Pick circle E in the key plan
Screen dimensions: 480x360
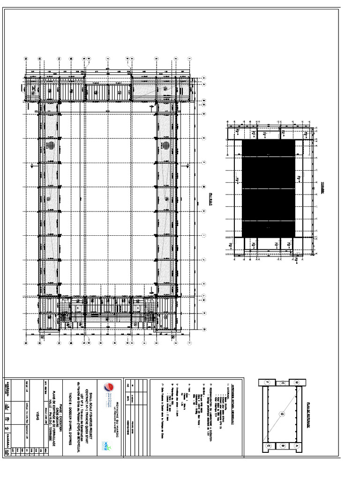(283, 382)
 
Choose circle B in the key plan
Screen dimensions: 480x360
(283, 445)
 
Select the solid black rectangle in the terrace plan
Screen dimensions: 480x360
(269, 188)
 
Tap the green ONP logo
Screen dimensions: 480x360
(107, 444)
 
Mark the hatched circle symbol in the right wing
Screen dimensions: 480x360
(165, 145)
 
